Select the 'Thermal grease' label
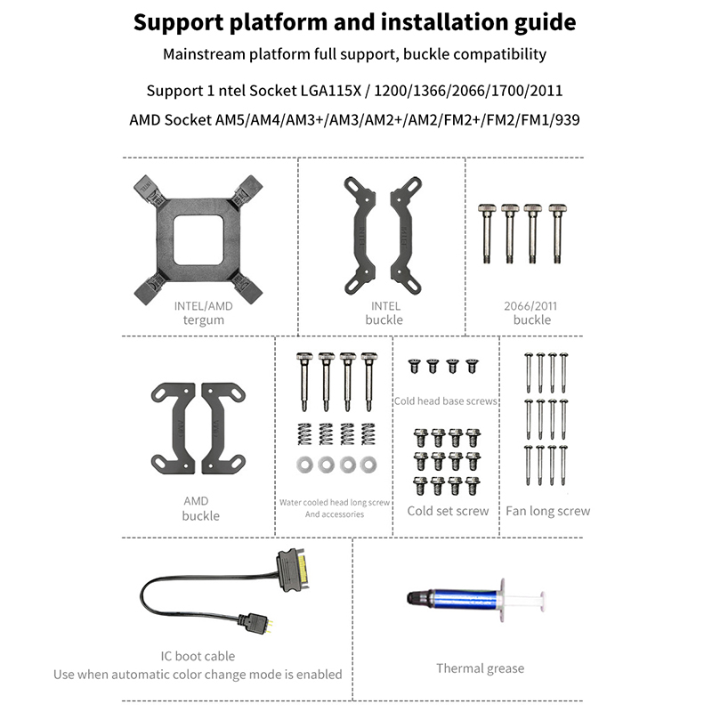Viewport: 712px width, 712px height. (480, 668)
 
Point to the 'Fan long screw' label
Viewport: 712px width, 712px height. (547, 511)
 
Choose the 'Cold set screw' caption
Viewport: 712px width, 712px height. (448, 511)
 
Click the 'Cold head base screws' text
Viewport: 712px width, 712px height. (445, 401)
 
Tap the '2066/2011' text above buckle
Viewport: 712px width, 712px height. (531, 304)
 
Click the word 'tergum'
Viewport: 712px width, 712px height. (203, 320)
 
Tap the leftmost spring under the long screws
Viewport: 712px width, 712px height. (304, 434)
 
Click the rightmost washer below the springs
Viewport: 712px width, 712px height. (368, 463)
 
